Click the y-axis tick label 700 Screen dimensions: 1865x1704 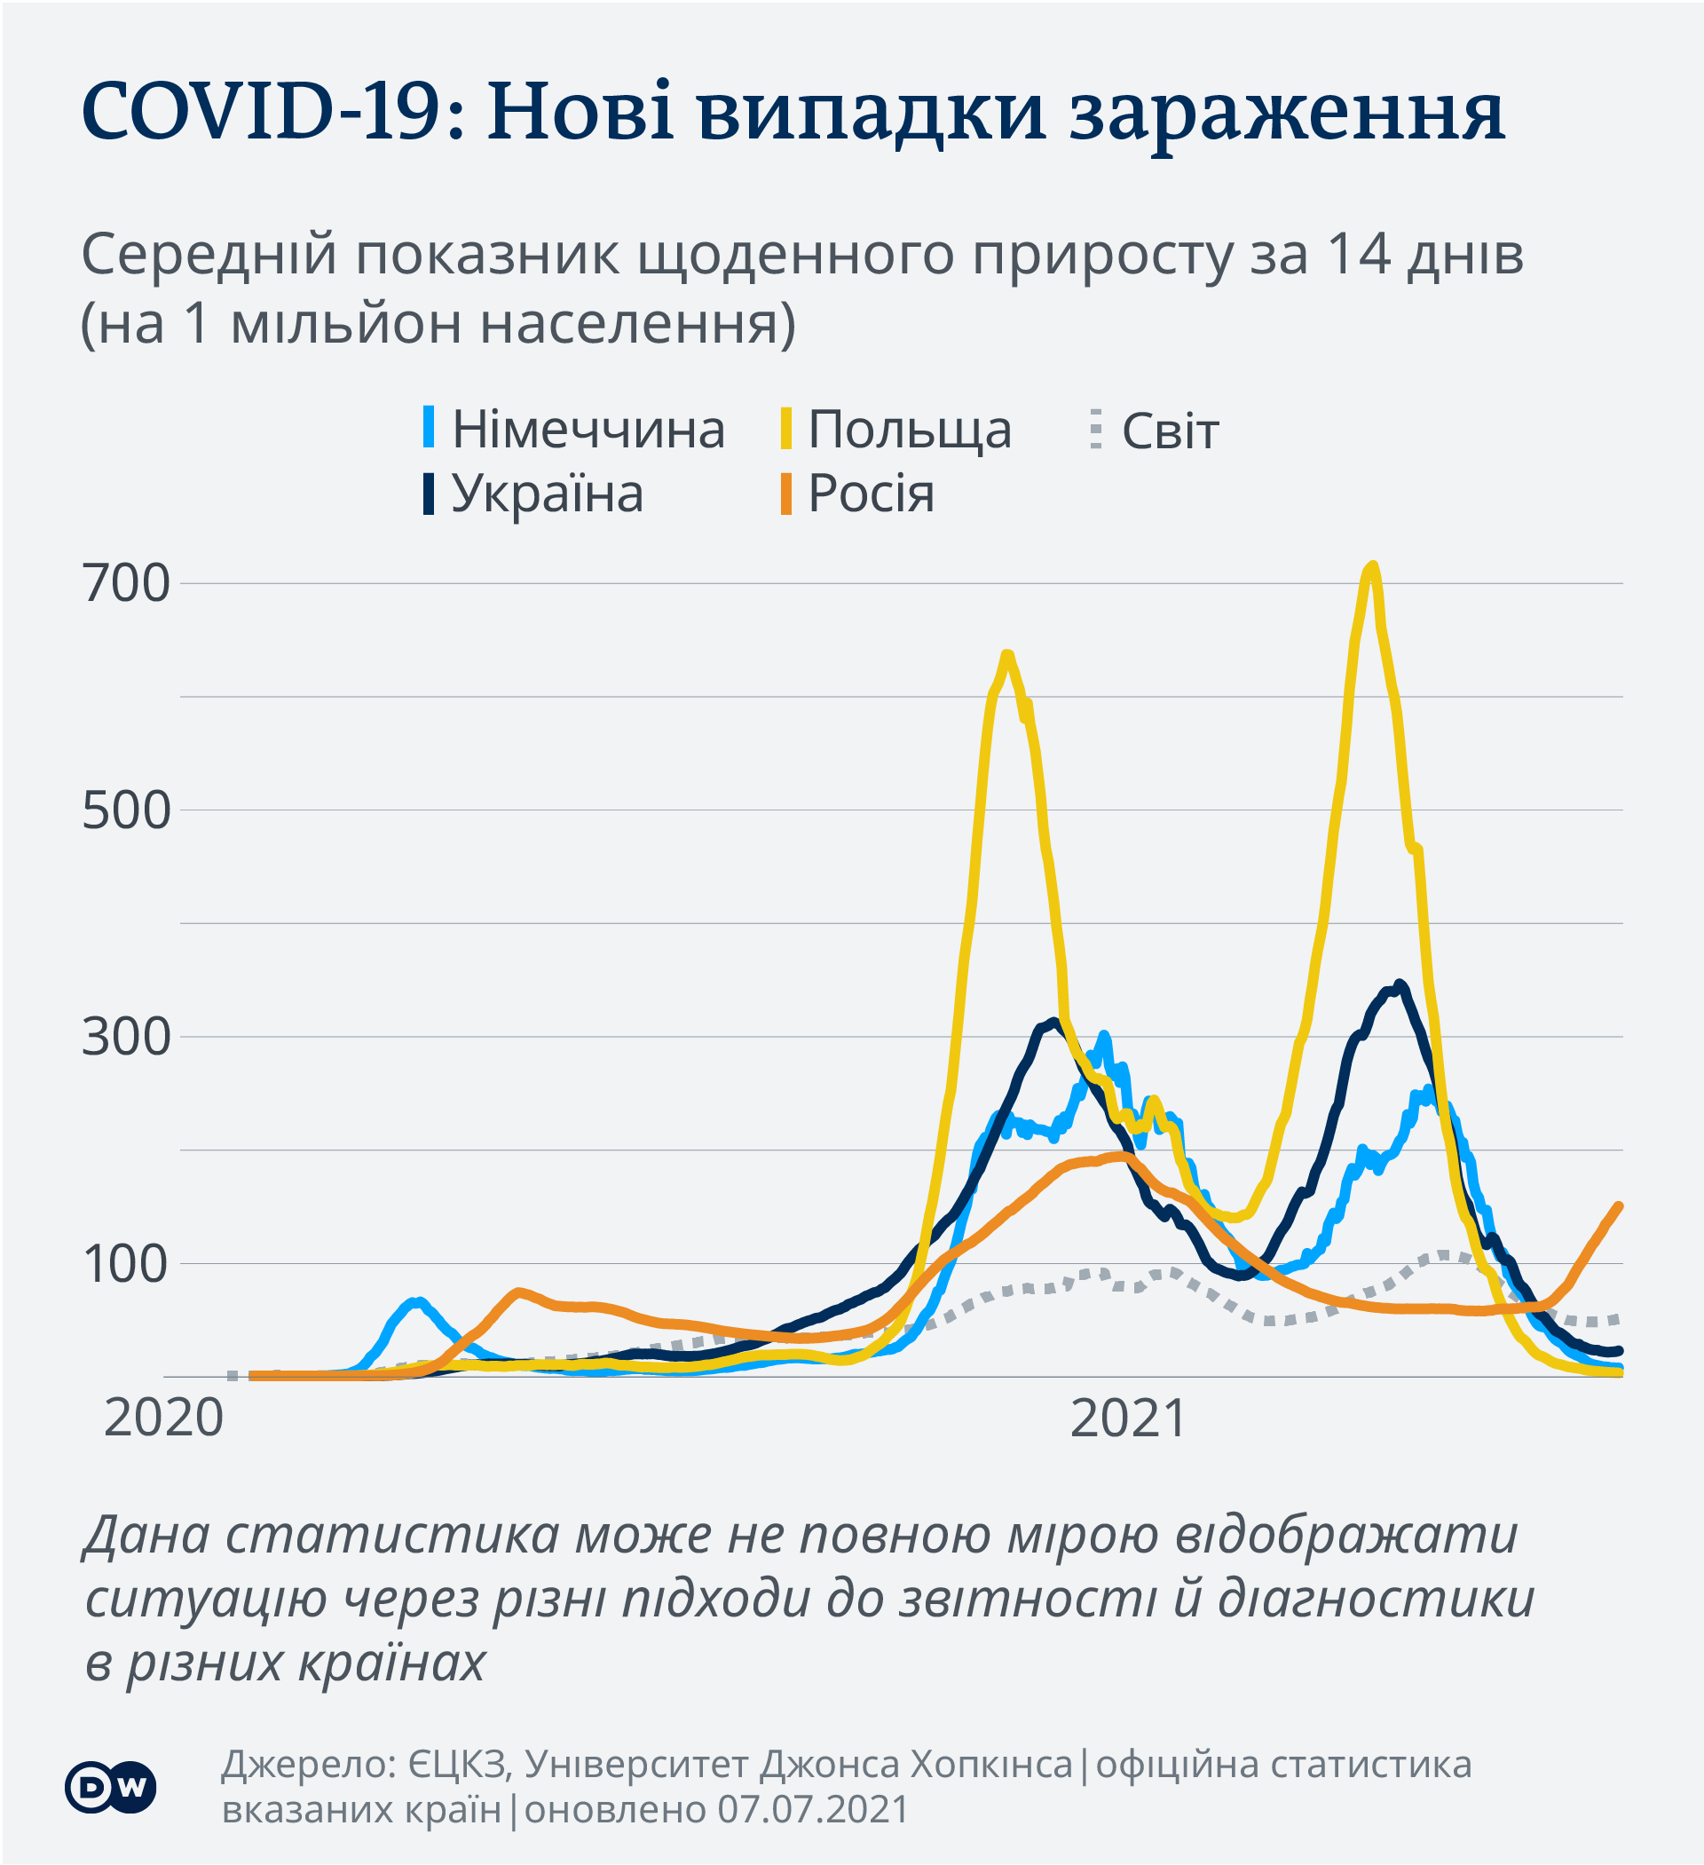[x=127, y=584]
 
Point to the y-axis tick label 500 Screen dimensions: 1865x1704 [x=127, y=810]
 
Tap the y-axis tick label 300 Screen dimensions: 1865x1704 [x=127, y=1036]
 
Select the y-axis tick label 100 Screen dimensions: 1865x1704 [x=127, y=1264]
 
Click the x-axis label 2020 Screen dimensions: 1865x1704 [x=163, y=1419]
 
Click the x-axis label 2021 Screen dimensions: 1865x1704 [x=1128, y=1419]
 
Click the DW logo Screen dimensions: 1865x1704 [x=110, y=1786]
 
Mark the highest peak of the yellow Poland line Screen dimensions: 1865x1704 [x=1373, y=565]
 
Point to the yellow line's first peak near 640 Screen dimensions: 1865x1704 [x=1007, y=655]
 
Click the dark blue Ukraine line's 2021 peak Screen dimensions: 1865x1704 [x=1400, y=984]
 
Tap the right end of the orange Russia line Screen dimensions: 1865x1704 [x=1618, y=1206]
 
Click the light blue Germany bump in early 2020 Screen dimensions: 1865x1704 [x=418, y=1302]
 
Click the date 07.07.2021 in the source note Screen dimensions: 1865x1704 [x=813, y=1809]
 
